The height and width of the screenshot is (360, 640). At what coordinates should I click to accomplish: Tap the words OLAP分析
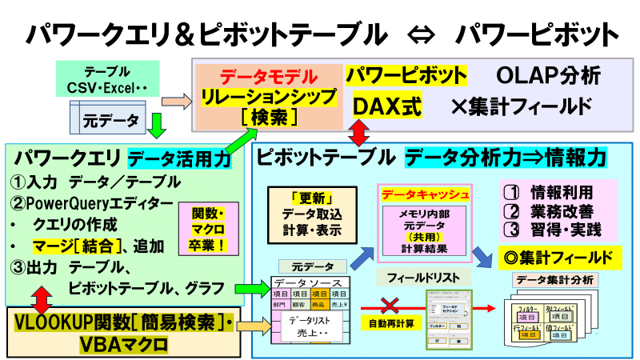click(x=548, y=77)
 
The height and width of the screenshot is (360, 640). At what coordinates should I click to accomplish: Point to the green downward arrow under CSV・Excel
click(x=157, y=126)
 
